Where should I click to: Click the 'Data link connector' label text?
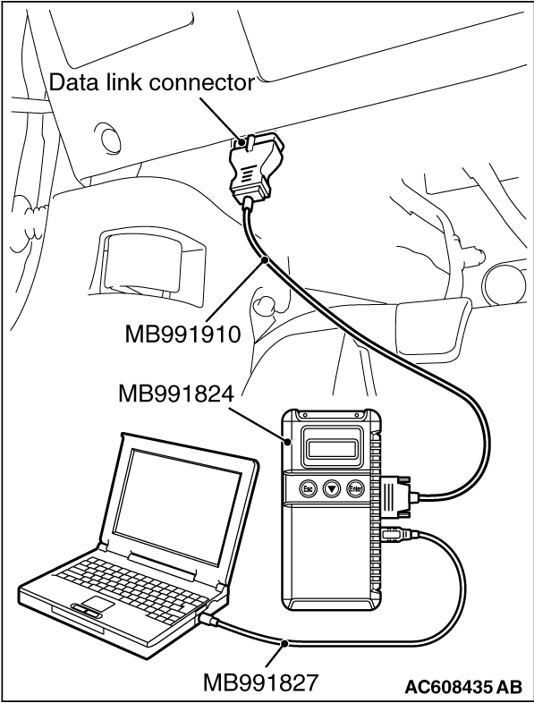tap(151, 83)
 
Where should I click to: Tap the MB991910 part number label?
tap(183, 334)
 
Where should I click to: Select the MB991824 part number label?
tap(176, 394)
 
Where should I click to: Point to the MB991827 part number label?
tap(260, 682)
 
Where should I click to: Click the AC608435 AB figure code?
tap(463, 686)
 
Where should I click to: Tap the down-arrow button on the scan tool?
tap(332, 488)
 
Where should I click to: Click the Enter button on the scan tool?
tap(355, 488)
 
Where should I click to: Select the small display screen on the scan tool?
tap(333, 448)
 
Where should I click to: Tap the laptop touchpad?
tap(97, 604)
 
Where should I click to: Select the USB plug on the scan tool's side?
tap(398, 534)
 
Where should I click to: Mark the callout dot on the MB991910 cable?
tap(266, 259)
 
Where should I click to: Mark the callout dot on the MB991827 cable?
tap(284, 644)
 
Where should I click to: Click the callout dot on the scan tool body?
tap(288, 443)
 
